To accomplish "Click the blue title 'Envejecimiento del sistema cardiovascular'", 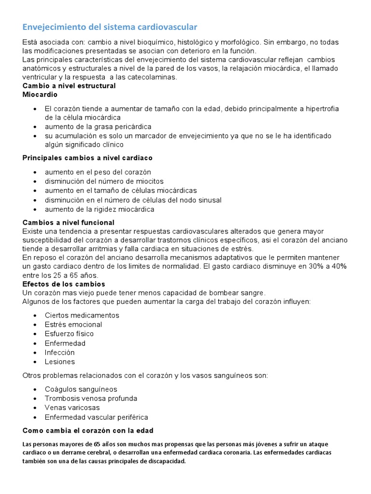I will pyautogui.click(x=110, y=27).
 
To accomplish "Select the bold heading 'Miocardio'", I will pyautogui.click(x=40, y=95).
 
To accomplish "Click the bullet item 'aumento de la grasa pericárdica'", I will pyautogui.click(x=98, y=126).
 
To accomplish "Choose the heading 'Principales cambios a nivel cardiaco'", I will pyautogui.click(x=88, y=158).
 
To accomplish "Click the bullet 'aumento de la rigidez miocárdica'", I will pyautogui.click(x=100, y=209).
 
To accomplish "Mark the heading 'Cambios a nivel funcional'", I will pyautogui.click(x=69, y=222).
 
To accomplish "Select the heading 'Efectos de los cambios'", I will pyautogui.click(x=64, y=284).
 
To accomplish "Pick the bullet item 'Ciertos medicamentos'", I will pyautogui.click(x=82, y=315).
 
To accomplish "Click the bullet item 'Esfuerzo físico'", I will pyautogui.click(x=69, y=334).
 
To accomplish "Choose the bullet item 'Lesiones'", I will pyautogui.click(x=60, y=362).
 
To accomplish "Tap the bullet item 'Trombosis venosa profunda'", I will pyautogui.click(x=91, y=398).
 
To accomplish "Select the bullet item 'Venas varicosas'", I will pyautogui.click(x=72, y=408).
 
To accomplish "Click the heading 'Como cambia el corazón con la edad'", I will pyautogui.click(x=88, y=430).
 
